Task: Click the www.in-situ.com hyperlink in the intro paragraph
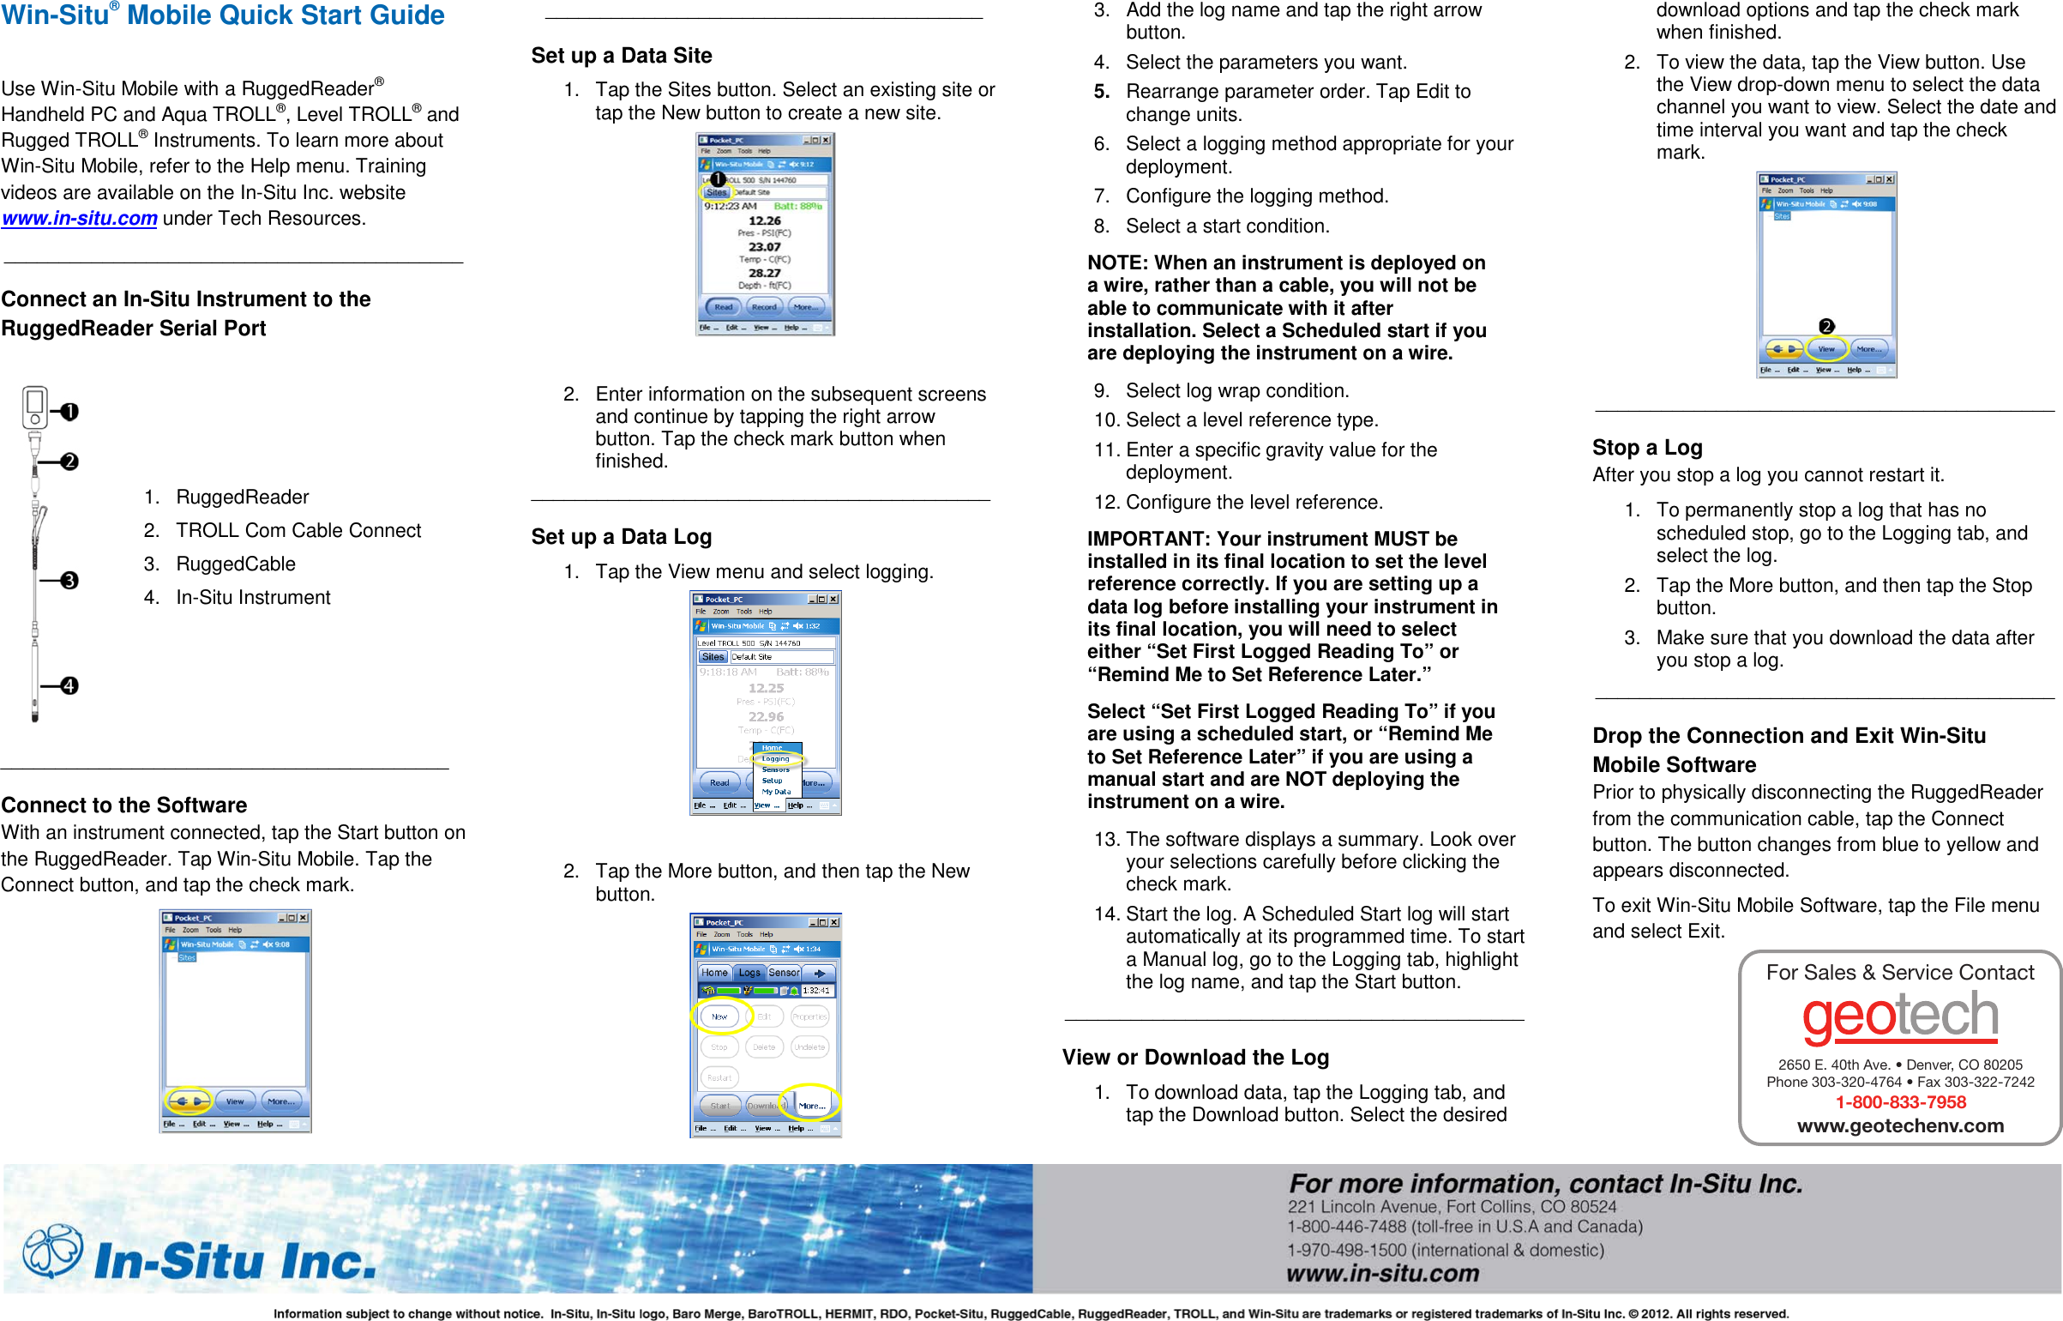[x=79, y=219]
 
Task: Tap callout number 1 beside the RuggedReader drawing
[x=69, y=412]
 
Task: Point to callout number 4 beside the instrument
[x=69, y=685]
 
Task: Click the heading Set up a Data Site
[x=622, y=56]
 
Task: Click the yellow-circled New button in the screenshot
[x=719, y=1016]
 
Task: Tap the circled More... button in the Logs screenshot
[x=811, y=1105]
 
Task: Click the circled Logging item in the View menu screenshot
[x=776, y=758]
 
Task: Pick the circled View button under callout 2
[x=1826, y=348]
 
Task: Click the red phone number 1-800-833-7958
[x=1900, y=1102]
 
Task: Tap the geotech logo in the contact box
[x=1900, y=1016]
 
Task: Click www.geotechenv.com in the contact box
[x=1900, y=1125]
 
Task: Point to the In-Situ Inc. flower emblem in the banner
[x=52, y=1251]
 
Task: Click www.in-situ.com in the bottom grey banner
[x=1382, y=1273]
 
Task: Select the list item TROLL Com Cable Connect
[x=298, y=531]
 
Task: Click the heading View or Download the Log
[x=1195, y=1058]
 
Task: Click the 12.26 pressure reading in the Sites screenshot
[x=764, y=220]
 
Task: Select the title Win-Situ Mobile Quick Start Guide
[x=223, y=15]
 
